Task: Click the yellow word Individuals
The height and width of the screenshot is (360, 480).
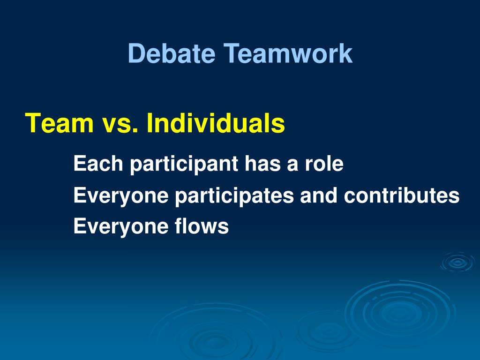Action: click(x=216, y=123)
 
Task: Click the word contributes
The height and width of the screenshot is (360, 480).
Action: click(x=402, y=195)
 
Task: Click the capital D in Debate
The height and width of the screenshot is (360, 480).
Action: click(x=135, y=53)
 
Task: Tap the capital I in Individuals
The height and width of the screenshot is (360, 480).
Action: click(x=150, y=123)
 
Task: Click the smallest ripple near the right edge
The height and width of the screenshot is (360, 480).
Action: click(x=457, y=262)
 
